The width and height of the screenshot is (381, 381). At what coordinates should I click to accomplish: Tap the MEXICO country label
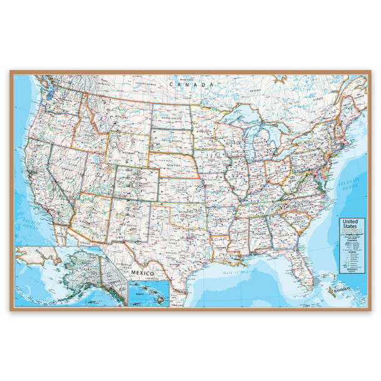click(143, 273)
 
